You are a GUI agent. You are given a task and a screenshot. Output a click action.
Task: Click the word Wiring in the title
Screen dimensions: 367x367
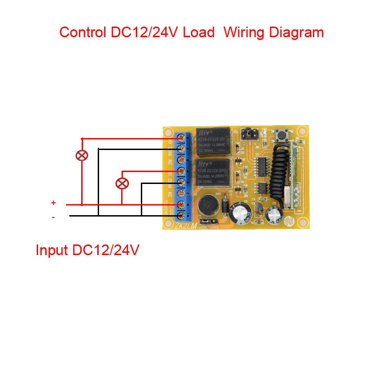[x=247, y=33]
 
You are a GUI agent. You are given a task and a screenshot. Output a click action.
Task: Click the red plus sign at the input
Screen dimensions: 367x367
[x=53, y=203]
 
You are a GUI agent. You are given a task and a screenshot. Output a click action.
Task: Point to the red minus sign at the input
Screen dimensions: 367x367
[x=53, y=217]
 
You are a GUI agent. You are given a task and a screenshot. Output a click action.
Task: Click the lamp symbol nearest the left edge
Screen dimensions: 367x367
[x=82, y=155]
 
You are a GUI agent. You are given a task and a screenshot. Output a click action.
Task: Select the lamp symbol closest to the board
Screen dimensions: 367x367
[x=122, y=183]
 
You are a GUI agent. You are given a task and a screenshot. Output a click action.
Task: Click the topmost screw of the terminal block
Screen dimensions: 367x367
[x=182, y=138]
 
